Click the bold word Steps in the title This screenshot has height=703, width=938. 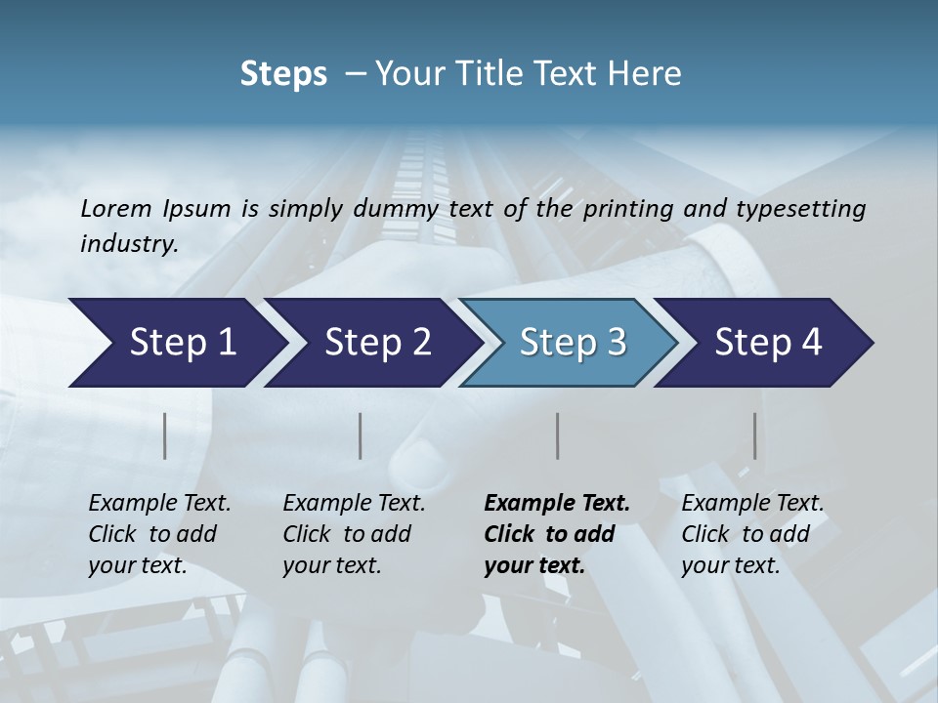click(x=283, y=74)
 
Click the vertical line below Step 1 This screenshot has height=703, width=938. click(x=165, y=435)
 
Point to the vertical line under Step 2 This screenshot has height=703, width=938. click(x=361, y=435)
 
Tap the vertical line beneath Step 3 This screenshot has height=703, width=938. click(x=558, y=435)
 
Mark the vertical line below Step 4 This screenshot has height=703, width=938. click(x=755, y=435)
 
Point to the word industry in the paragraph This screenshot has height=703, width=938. click(x=129, y=243)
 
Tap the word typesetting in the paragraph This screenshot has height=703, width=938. click(x=808, y=208)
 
